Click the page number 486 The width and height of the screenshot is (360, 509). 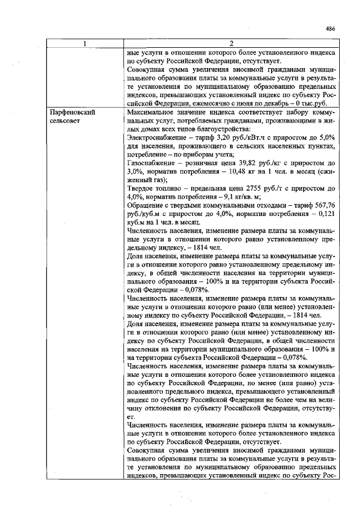coord(330,30)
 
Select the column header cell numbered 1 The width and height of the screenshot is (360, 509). coord(85,44)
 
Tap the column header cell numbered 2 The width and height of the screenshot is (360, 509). coord(232,44)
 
